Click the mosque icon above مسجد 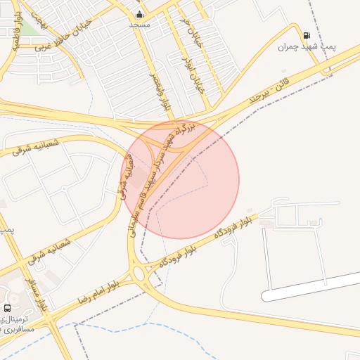pos(139,14)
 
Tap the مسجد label pos(139,25)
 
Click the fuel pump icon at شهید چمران pos(306,36)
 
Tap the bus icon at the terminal pos(8,308)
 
